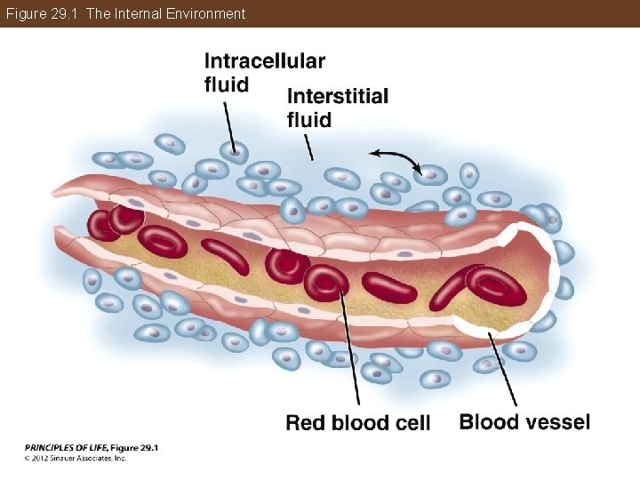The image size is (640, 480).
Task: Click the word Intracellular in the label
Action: pos(264,60)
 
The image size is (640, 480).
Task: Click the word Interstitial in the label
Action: pos(338,96)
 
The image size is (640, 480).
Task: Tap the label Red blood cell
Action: pos(357,423)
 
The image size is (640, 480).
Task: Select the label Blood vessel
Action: pos(524,421)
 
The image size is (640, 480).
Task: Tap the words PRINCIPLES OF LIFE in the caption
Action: pos(65,447)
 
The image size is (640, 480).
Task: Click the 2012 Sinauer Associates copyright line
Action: pos(76,459)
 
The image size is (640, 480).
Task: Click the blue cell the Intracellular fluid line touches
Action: pos(235,152)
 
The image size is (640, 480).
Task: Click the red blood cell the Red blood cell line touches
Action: pos(327,281)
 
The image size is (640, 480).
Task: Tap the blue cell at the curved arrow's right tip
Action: pos(431,174)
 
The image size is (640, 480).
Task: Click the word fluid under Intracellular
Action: pos(226,84)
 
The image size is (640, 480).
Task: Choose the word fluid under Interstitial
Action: pos(309,119)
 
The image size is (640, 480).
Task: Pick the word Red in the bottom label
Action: pos(306,423)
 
